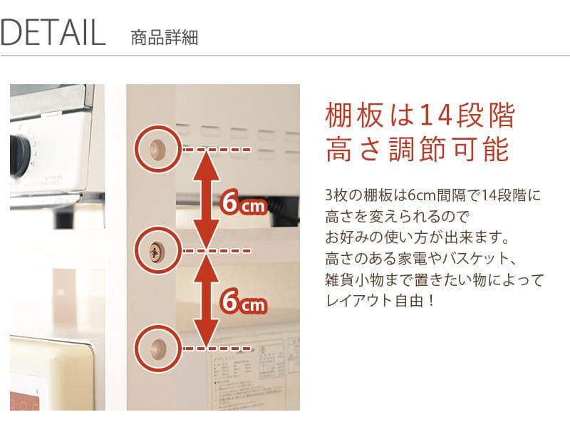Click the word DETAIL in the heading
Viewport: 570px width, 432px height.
point(53,33)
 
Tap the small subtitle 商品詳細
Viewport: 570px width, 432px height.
point(165,38)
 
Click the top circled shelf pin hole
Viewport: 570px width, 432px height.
point(157,149)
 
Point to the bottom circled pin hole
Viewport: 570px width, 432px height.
point(157,348)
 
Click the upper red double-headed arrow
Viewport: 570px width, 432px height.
point(206,199)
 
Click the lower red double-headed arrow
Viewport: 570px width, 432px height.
point(206,299)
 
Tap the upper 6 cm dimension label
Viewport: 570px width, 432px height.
point(244,203)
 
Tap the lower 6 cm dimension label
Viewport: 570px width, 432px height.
point(244,302)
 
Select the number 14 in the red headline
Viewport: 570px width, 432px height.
point(436,115)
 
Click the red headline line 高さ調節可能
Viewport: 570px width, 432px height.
point(417,149)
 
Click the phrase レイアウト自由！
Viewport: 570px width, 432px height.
point(380,301)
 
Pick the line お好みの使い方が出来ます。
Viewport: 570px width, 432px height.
point(418,238)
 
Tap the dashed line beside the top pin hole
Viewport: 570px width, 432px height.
point(217,149)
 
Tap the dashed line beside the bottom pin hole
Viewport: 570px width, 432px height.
point(217,349)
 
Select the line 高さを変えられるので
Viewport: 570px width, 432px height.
point(398,217)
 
